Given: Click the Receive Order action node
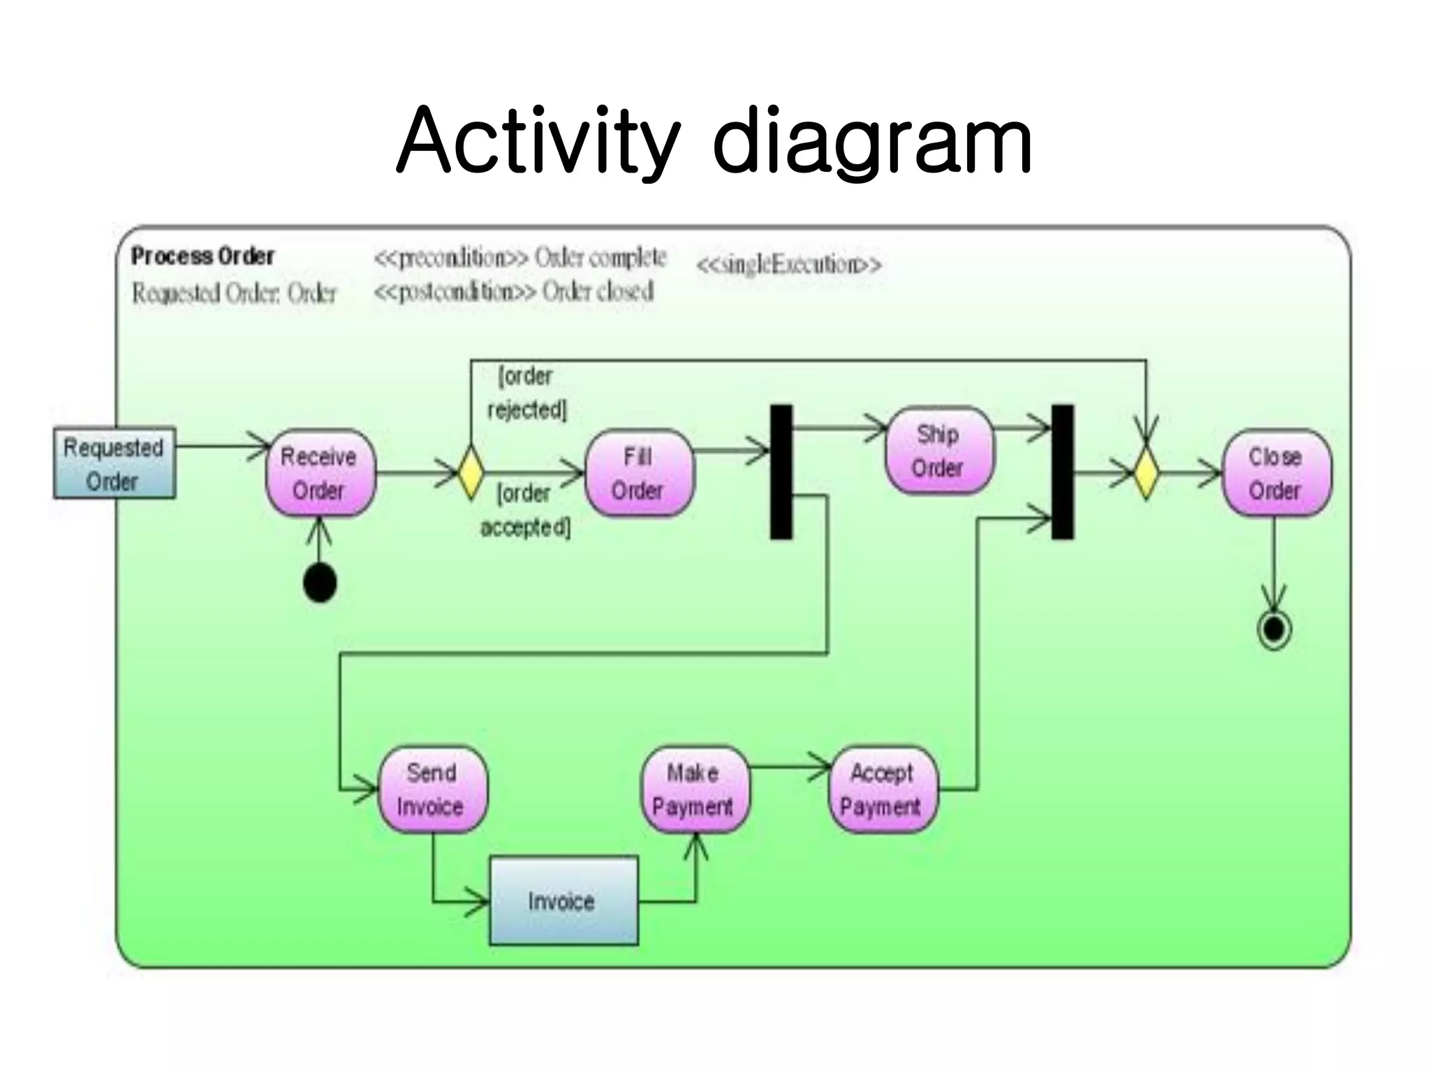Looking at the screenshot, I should coord(320,474).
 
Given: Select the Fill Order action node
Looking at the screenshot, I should coord(638,474).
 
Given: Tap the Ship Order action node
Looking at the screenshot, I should coord(938,451).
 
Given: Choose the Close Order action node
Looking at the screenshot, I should coord(1276,474).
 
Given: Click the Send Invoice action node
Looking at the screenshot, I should coord(432,789).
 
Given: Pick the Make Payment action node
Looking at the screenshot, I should coord(693,789).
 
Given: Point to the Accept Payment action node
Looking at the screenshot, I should coord(882,789).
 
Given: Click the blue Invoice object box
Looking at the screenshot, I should coord(563,900).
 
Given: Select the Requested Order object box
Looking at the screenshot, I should coord(115,464).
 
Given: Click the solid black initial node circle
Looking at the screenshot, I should coord(320,583).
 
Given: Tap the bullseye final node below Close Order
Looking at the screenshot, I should coord(1274,630).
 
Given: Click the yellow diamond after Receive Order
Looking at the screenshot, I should coord(471,473).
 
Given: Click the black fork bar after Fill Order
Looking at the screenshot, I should coord(781,472).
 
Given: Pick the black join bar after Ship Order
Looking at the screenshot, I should coord(1062,472).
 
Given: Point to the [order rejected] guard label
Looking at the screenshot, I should coord(527,393).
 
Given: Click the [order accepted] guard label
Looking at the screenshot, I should coord(526,510).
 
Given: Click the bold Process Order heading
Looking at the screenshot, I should coord(202,256).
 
